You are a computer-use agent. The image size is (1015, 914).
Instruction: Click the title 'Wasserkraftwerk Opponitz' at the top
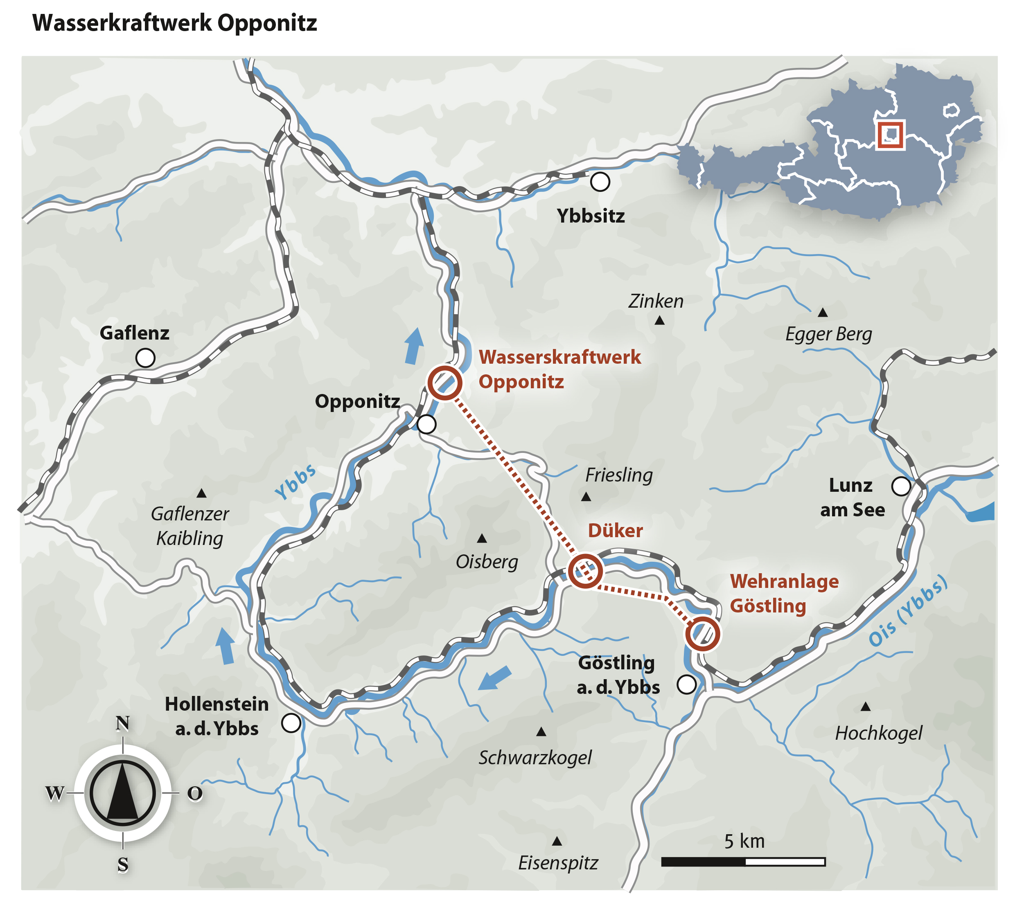(x=174, y=23)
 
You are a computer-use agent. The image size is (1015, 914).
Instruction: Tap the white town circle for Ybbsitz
(x=600, y=181)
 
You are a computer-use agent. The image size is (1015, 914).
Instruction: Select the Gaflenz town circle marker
(x=145, y=358)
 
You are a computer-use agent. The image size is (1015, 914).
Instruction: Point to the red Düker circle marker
(x=585, y=571)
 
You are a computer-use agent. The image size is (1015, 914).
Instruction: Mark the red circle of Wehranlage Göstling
(x=702, y=634)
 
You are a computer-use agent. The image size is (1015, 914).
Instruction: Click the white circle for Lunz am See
(x=900, y=486)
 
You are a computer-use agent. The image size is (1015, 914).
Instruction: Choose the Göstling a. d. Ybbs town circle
(x=686, y=684)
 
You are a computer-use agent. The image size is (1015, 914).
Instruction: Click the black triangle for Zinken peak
(x=660, y=320)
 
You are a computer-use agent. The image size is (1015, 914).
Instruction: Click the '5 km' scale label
(x=744, y=841)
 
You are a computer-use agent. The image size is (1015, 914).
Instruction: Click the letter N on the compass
(x=123, y=723)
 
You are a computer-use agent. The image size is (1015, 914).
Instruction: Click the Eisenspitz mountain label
(x=558, y=863)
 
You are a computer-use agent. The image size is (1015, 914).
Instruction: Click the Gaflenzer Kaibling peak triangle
(x=201, y=493)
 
